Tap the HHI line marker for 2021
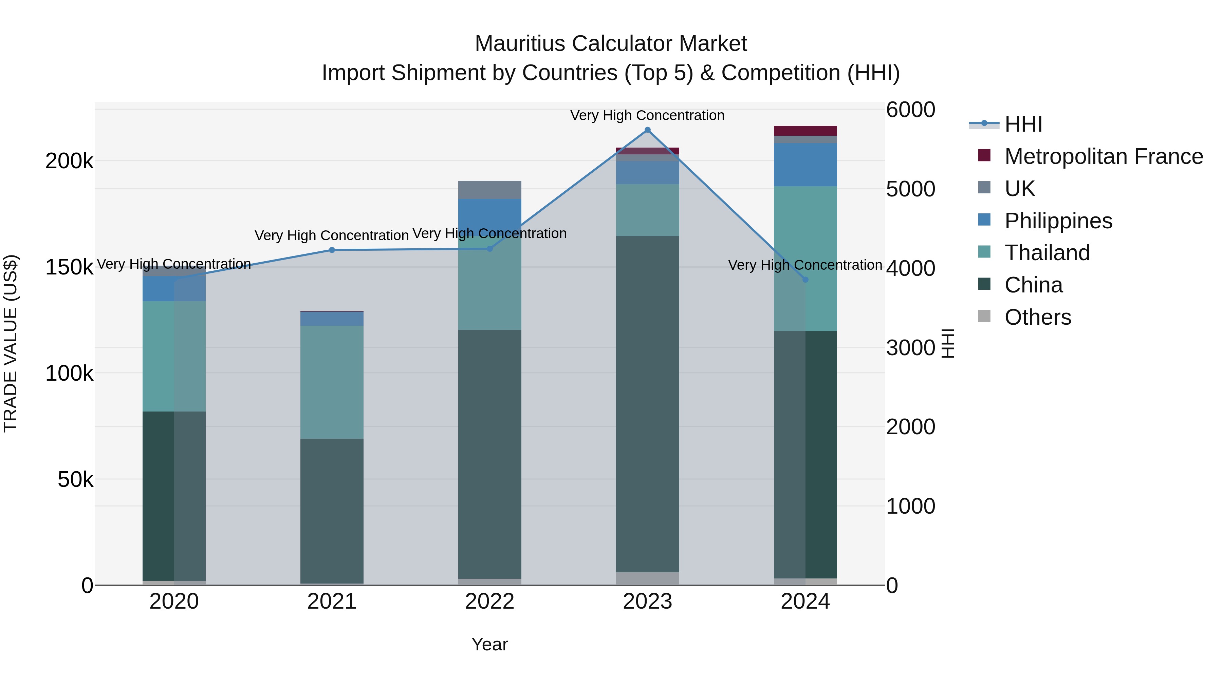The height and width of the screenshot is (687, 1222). coord(332,250)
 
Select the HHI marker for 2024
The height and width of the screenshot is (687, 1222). coord(805,280)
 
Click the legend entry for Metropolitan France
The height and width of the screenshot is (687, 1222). coord(1104,156)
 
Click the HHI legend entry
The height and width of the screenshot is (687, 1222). coord(1023,124)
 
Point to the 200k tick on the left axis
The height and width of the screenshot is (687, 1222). coord(69,161)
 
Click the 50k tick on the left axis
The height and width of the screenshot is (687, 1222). coord(75,480)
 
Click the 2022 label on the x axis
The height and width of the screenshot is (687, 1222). coord(489,602)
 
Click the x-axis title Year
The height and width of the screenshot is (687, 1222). coord(489,644)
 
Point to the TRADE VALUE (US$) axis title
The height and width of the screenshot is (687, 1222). coord(11,343)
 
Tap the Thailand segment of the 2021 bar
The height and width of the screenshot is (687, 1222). coord(332,382)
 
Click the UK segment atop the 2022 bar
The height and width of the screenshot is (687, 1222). coord(489,190)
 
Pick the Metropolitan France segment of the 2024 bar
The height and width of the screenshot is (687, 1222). coord(805,131)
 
